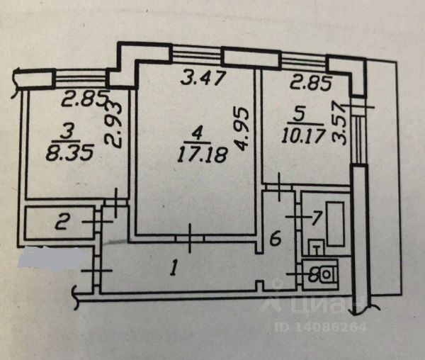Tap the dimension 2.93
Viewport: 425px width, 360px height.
point(116,123)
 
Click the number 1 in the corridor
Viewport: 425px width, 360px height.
point(171,267)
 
